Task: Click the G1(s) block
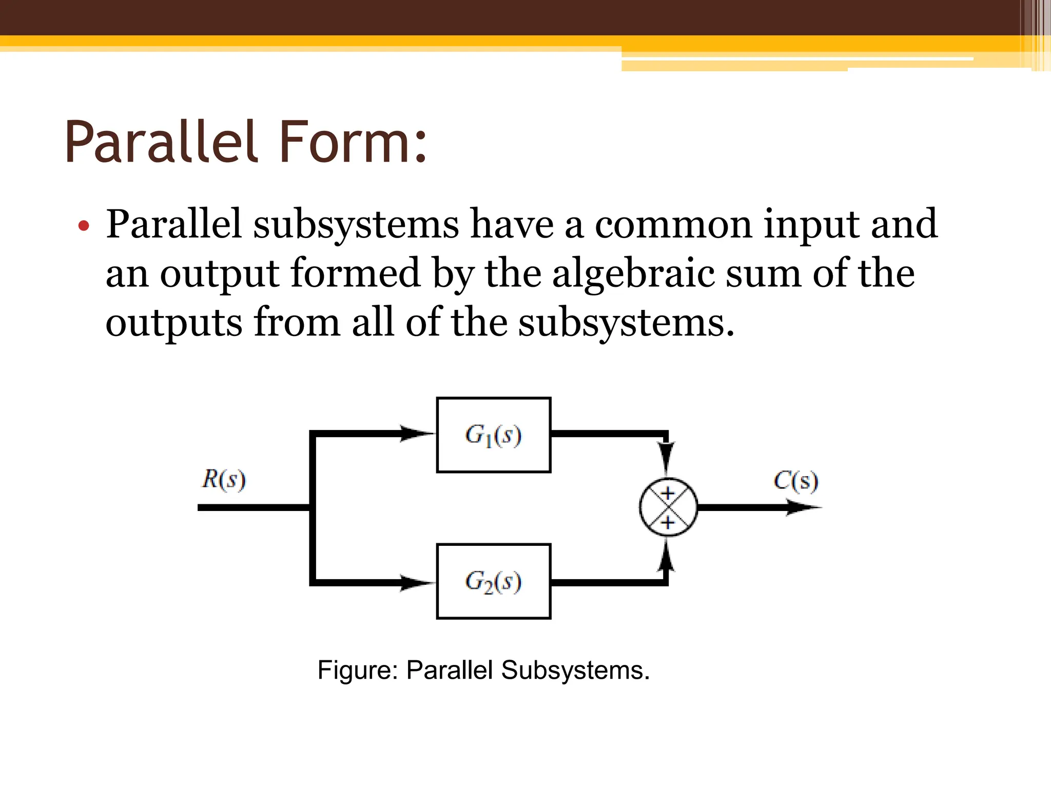[494, 435]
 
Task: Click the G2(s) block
[494, 581]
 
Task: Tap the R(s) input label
[224, 480]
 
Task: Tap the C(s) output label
[795, 481]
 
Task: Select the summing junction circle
[668, 507]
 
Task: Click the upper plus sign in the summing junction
[667, 494]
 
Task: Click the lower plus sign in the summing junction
[667, 523]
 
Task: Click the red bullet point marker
[84, 226]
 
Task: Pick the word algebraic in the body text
[633, 273]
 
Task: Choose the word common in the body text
[673, 225]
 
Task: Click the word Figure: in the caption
[358, 670]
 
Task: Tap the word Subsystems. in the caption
[575, 670]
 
